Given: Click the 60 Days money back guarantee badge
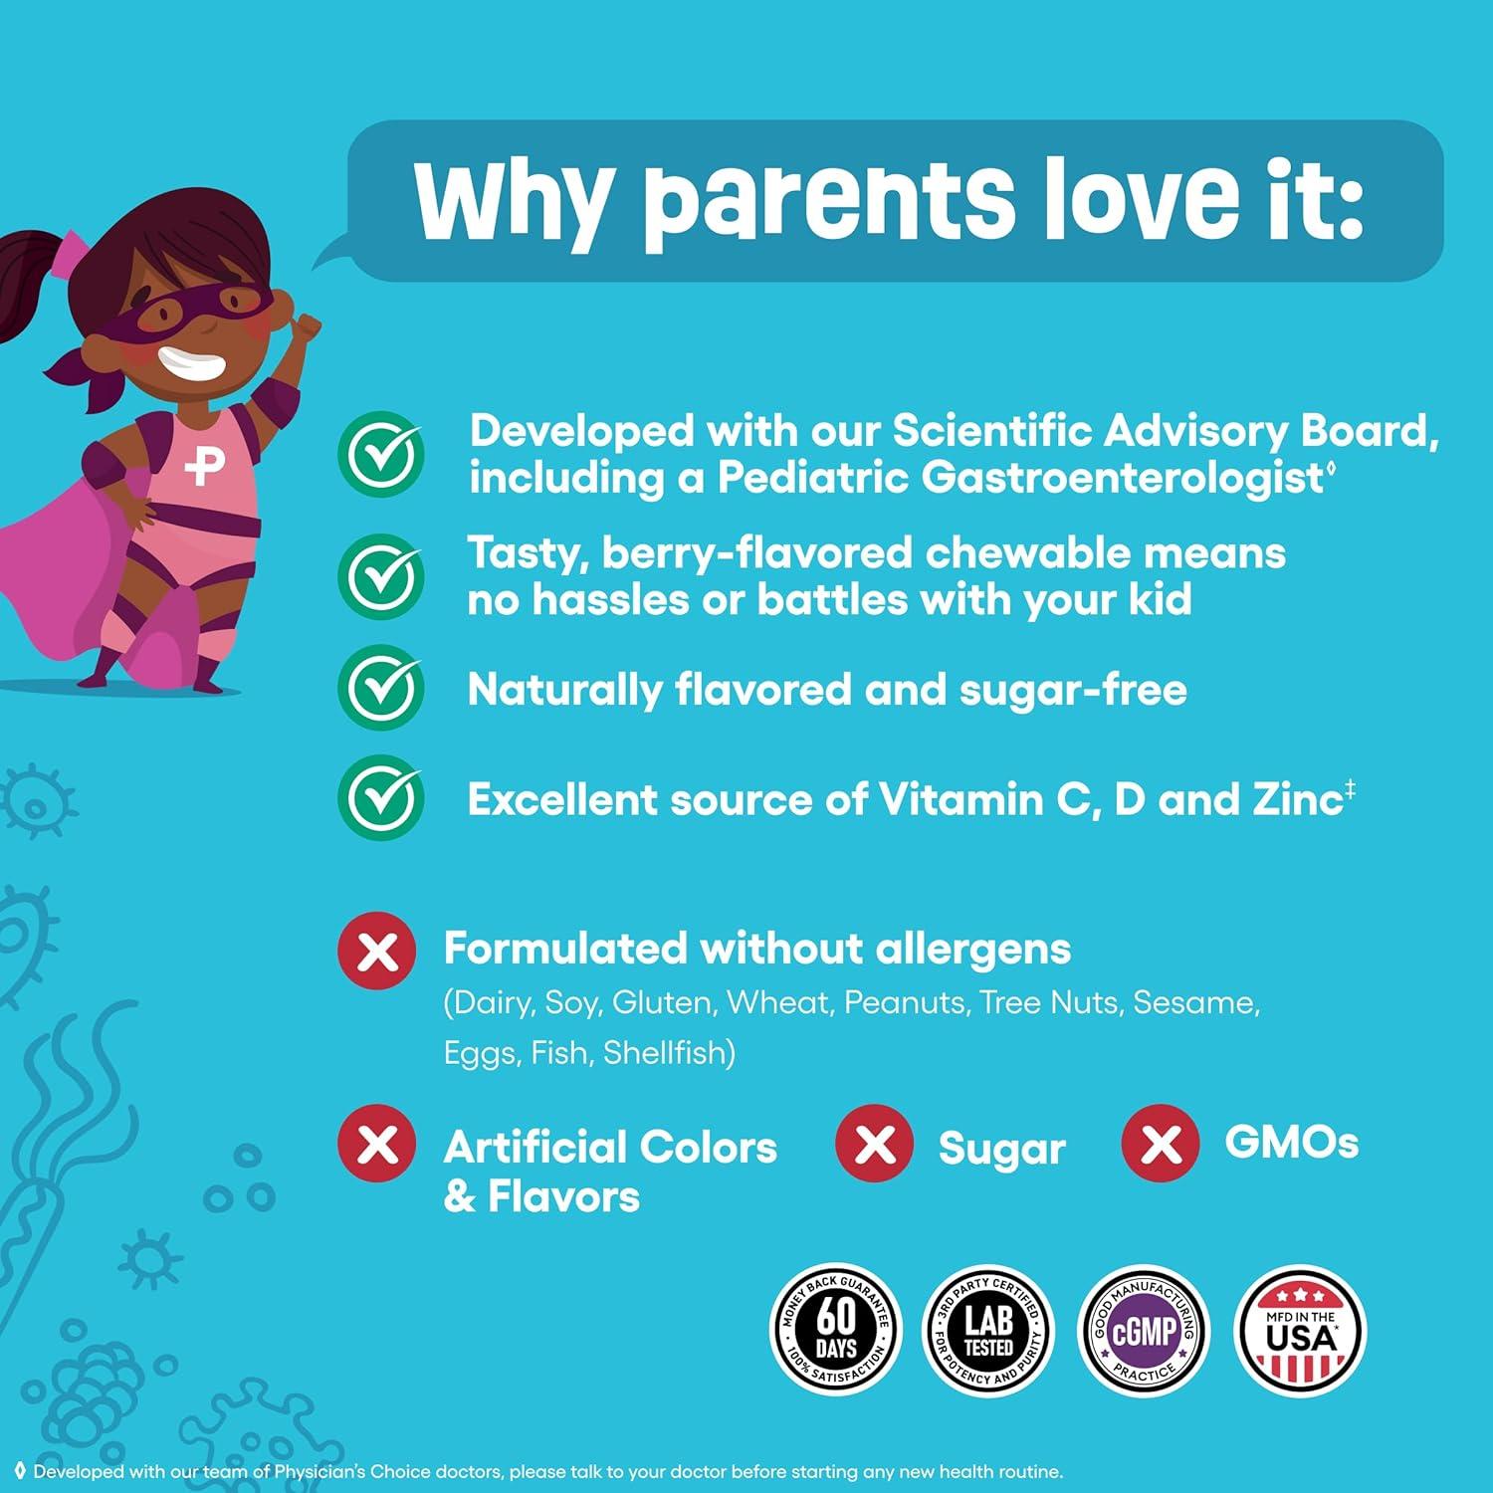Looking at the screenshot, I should (837, 1330).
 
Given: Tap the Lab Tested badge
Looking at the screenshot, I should (987, 1330).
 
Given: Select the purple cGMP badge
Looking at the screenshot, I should (1145, 1330).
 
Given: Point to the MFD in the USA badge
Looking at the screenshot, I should (1300, 1330).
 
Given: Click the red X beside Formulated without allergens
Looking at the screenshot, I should (377, 950).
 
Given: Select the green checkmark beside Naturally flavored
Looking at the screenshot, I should (381, 688).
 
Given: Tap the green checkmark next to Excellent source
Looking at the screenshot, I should (381, 798).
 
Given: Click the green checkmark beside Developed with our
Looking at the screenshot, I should (381, 454).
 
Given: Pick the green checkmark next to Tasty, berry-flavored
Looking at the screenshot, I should (381, 576).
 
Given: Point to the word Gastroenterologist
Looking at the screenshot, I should (1121, 479).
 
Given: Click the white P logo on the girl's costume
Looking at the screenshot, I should (205, 463).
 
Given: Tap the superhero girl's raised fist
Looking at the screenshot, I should (308, 326).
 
